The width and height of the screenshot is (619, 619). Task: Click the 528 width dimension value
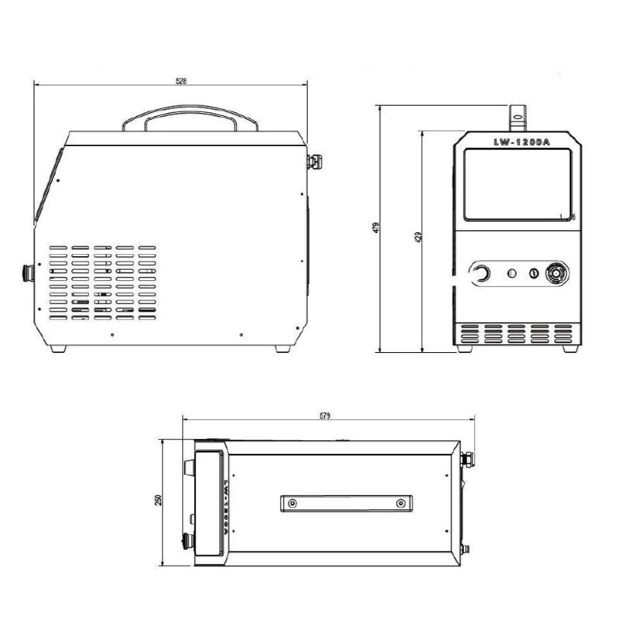(x=181, y=80)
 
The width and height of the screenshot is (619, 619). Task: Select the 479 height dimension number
(x=376, y=227)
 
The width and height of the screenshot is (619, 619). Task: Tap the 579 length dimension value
(x=324, y=416)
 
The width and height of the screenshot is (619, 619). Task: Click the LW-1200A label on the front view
(x=516, y=141)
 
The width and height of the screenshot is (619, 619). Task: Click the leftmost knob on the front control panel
(x=481, y=273)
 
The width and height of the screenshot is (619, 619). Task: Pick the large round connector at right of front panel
(x=556, y=273)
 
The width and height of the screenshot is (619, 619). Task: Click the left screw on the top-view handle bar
(x=292, y=504)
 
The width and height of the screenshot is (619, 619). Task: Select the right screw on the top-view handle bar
(x=400, y=504)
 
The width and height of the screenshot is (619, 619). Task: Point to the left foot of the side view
(x=58, y=348)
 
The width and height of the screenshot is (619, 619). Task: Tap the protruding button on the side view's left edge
(x=29, y=272)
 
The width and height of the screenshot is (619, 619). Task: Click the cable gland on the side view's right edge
(x=314, y=162)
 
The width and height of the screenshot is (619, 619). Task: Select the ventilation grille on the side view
(x=104, y=282)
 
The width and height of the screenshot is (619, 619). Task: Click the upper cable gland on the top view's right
(x=467, y=459)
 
